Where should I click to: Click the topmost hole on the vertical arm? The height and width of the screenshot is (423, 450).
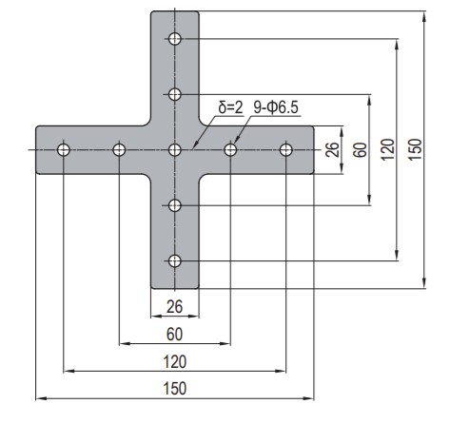coord(175,39)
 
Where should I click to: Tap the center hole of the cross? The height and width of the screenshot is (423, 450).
coord(175,150)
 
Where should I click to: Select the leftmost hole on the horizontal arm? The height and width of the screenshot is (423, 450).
coord(64,150)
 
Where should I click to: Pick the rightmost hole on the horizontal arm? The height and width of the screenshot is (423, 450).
coord(286,150)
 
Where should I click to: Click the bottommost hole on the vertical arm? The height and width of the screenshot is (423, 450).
coord(175,261)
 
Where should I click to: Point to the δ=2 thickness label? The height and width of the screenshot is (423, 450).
coord(230,107)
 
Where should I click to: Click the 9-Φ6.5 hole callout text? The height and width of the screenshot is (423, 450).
coord(276,107)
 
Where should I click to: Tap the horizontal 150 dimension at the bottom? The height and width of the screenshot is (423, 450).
coord(175,389)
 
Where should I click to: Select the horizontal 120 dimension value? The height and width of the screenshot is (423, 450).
coord(175,361)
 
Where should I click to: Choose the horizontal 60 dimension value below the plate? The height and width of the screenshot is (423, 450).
coord(175,334)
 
